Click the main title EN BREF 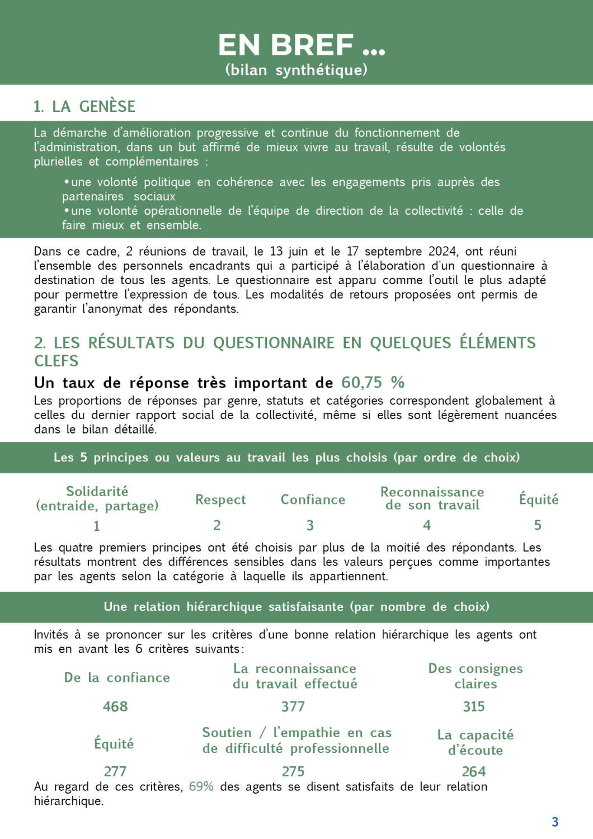point(301,45)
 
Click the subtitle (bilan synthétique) point(296,70)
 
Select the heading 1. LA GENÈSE point(84,106)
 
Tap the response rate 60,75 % point(373,383)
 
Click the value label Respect point(220,499)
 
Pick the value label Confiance point(313,499)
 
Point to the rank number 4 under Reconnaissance point(427,525)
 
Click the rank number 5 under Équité point(538,525)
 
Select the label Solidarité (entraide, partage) point(97,498)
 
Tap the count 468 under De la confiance point(115,706)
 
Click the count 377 point(293,706)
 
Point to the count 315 point(474,706)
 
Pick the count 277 point(115,771)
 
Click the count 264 point(474,771)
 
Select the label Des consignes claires point(476,676)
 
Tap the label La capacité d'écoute point(476,742)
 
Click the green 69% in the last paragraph point(201,786)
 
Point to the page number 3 point(555,822)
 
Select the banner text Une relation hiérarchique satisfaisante point(296,607)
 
